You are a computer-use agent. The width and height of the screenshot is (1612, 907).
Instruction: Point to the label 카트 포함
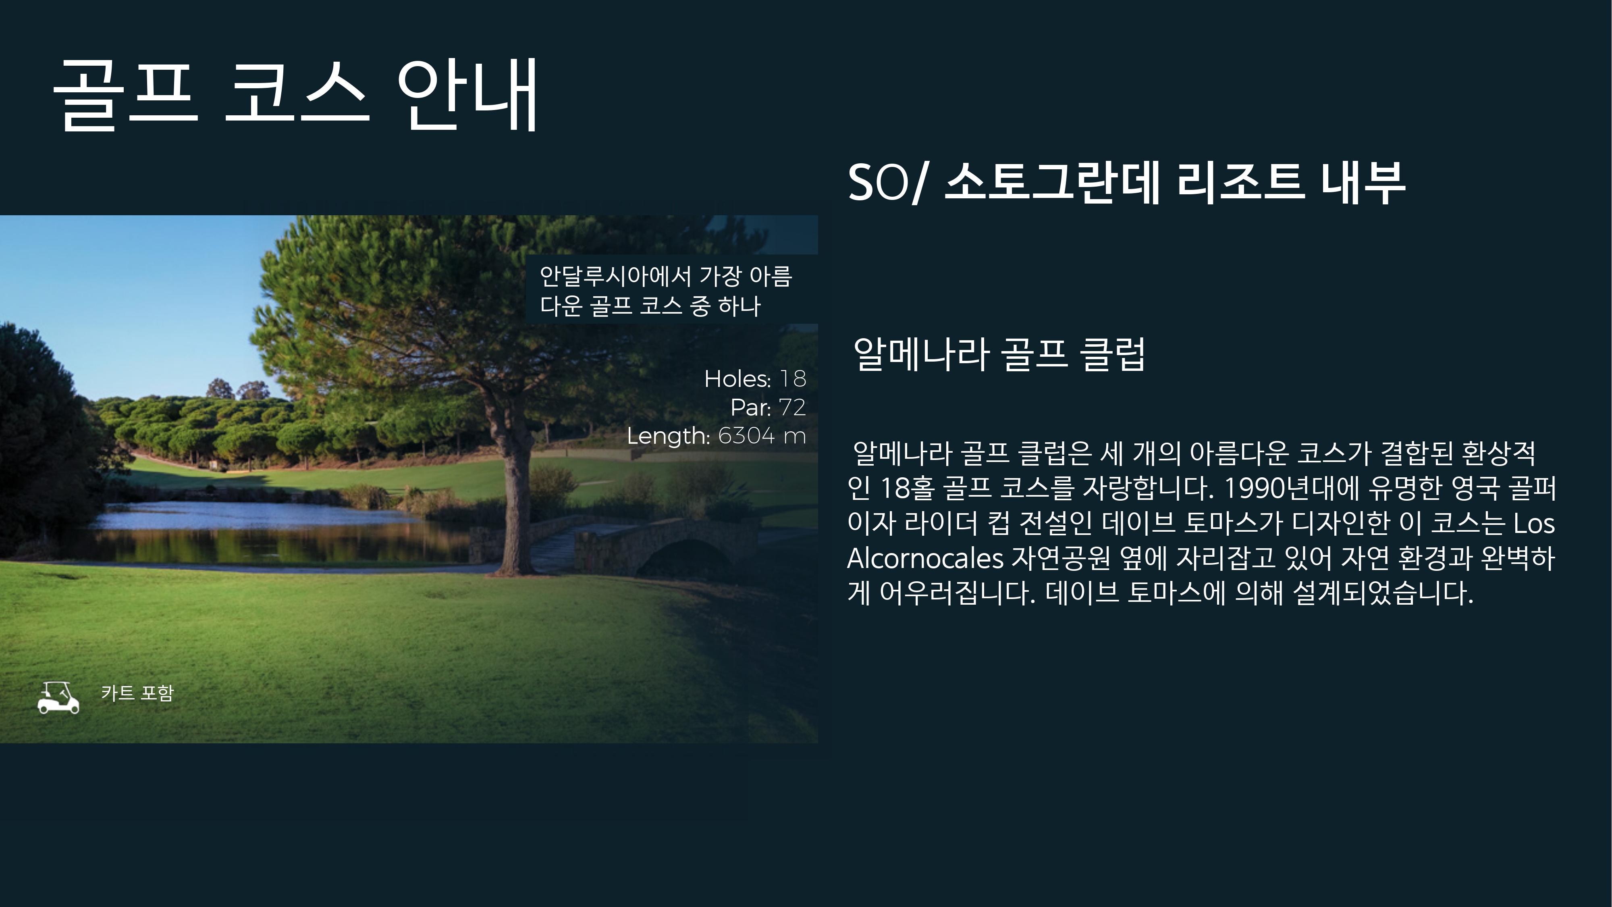[137, 693]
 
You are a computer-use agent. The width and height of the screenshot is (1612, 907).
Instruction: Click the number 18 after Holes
[793, 379]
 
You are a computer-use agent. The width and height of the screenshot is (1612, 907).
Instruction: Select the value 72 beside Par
[792, 408]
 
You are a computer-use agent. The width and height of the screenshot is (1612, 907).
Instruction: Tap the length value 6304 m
[762, 436]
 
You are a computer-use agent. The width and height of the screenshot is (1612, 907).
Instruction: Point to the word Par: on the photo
[751, 408]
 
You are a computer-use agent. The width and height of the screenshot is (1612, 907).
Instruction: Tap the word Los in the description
[1534, 523]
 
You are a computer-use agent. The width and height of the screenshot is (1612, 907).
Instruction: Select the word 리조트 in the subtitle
[1240, 183]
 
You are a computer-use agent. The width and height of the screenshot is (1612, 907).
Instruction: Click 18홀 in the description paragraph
[906, 488]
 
